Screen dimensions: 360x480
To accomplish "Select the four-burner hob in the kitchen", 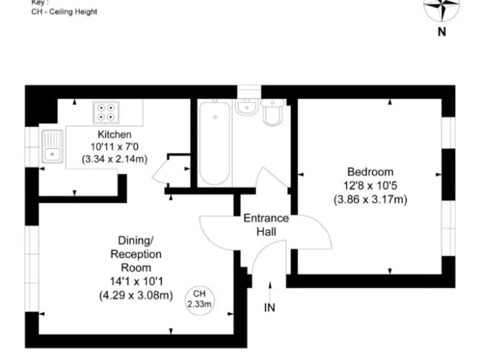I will pyautogui.click(x=106, y=112).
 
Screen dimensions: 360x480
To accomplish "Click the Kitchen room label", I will pyautogui.click(x=114, y=134).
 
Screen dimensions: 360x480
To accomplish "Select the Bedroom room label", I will pyautogui.click(x=370, y=172).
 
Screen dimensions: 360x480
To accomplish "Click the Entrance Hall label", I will pyautogui.click(x=266, y=224).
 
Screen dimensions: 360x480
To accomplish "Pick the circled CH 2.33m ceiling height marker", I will pyautogui.click(x=199, y=299).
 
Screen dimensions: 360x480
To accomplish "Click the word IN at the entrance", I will pyautogui.click(x=269, y=307).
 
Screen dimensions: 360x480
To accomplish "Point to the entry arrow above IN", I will pyautogui.click(x=269, y=289).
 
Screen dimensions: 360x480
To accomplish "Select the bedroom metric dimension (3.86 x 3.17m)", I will pyautogui.click(x=370, y=199).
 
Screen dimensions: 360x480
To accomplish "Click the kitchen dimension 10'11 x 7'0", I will pyautogui.click(x=114, y=146).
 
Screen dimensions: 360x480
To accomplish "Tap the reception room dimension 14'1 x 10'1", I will pyautogui.click(x=136, y=281).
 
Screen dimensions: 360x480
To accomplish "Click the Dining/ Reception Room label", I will pyautogui.click(x=136, y=254).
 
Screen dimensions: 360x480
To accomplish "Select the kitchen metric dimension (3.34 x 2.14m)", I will pyautogui.click(x=114, y=159).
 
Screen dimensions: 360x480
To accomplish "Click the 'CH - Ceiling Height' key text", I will pyautogui.click(x=64, y=12).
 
